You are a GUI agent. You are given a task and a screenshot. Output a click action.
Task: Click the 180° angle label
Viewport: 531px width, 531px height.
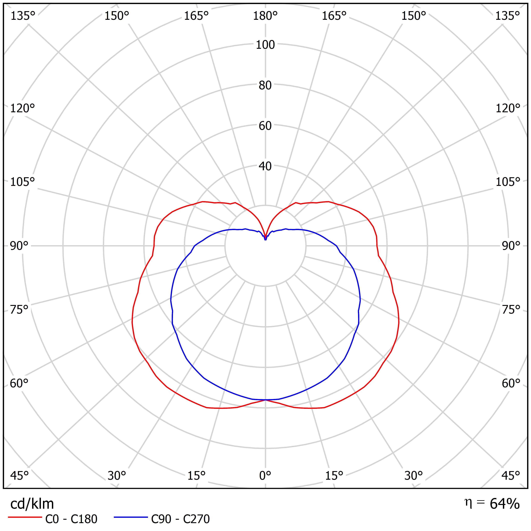click(265, 16)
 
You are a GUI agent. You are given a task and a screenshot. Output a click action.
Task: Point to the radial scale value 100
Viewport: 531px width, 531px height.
click(265, 45)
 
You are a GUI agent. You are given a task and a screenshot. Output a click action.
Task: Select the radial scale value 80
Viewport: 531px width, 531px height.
click(265, 86)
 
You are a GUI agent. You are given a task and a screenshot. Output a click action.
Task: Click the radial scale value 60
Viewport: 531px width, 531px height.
click(265, 126)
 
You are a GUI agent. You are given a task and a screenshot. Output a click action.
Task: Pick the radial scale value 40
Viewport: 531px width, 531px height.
click(265, 166)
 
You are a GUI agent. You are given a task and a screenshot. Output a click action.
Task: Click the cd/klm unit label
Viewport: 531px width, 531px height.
click(32, 504)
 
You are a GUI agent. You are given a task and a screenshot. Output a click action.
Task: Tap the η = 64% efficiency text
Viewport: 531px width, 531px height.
click(492, 503)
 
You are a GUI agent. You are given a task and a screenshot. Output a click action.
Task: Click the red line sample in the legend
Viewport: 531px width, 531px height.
click(25, 517)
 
